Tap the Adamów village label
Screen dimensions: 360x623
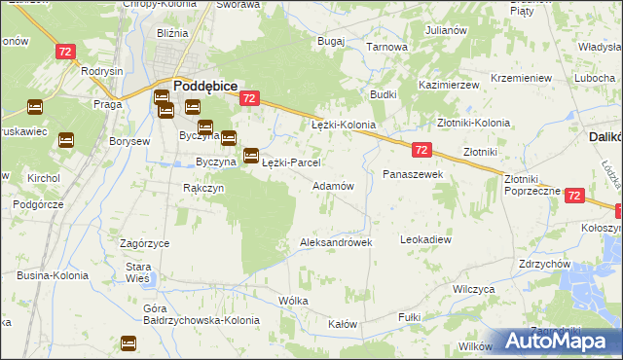coord(332,185)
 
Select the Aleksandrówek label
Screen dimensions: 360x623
coord(336,242)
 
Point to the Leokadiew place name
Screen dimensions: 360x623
coord(426,238)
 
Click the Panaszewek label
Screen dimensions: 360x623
coord(413,173)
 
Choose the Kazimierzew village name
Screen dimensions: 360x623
coord(449,86)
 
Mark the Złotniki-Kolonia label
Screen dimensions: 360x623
coord(473,124)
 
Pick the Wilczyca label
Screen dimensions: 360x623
coord(474,290)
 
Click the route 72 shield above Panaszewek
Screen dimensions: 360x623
coord(421,149)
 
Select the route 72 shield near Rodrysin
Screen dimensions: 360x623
coord(66,51)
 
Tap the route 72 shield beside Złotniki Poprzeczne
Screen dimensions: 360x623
coord(573,196)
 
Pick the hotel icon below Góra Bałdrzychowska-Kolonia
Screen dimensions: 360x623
coord(128,342)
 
